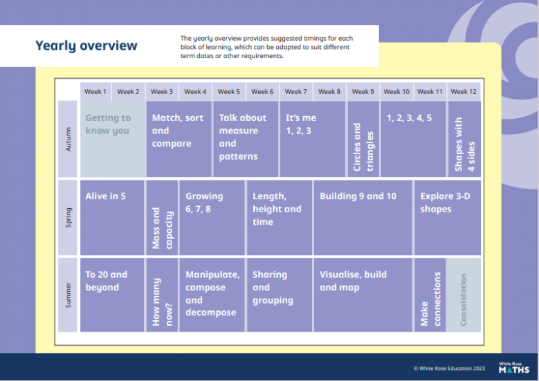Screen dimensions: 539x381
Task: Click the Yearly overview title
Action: pos(86,46)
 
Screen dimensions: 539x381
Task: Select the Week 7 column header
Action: pos(295,92)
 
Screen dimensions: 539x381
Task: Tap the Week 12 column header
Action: pos(464,92)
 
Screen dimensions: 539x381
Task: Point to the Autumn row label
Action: pos(68,139)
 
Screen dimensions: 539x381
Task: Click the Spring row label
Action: pos(68,218)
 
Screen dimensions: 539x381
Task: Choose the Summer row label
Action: pos(68,295)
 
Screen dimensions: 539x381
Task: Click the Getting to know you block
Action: pos(113,139)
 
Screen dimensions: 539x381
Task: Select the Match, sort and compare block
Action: pos(179,139)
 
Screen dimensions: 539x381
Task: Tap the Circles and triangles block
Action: pos(363,139)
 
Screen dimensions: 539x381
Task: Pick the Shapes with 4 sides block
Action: pos(464,139)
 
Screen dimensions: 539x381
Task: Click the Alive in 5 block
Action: pos(112,218)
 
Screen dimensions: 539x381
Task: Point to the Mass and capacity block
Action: pos(162,218)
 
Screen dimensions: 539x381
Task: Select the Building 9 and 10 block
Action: pos(363,218)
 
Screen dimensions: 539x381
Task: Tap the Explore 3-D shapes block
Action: pos(448,218)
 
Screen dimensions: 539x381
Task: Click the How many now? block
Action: pos(162,295)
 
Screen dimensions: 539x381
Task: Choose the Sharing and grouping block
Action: pos(280,295)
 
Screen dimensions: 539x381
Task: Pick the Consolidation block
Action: pos(464,295)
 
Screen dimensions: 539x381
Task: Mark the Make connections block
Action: pos(430,295)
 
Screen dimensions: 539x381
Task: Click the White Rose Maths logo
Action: pos(514,368)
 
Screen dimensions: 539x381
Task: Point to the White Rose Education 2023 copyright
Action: pos(449,369)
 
